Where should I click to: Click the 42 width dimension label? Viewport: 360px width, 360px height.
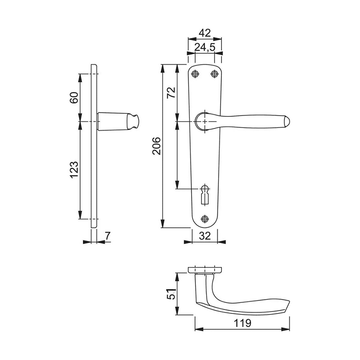pyautogui.click(x=205, y=33)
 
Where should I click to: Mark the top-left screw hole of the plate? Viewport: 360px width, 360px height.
pyautogui.click(x=195, y=74)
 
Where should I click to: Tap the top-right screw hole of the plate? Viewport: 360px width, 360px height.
pyautogui.click(x=214, y=74)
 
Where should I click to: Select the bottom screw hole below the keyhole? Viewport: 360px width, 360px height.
pyautogui.click(x=205, y=219)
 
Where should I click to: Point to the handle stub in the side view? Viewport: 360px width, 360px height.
pyautogui.click(x=117, y=121)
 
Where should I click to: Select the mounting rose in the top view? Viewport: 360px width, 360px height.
pyautogui.click(x=205, y=270)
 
